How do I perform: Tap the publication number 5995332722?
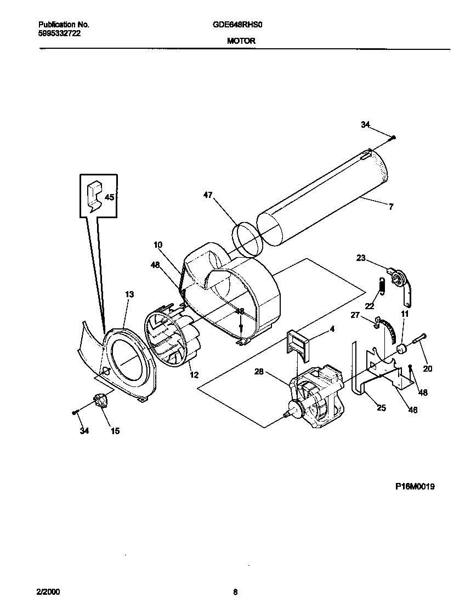pyautogui.click(x=60, y=33)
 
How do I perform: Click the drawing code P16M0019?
pyautogui.click(x=415, y=486)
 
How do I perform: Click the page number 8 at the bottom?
pyautogui.click(x=235, y=592)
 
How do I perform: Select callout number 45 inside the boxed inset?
pyautogui.click(x=110, y=197)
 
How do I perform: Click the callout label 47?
pyautogui.click(x=208, y=195)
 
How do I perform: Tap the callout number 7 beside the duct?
pyautogui.click(x=391, y=207)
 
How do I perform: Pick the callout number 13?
pyautogui.click(x=129, y=294)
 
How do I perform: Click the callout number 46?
pyautogui.click(x=412, y=409)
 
